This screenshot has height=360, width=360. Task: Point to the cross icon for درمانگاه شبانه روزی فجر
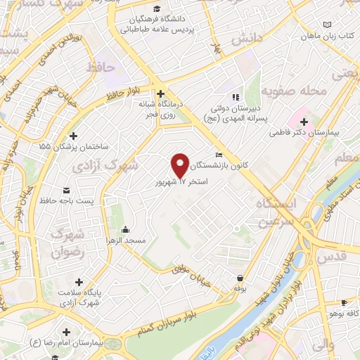(x=161, y=94)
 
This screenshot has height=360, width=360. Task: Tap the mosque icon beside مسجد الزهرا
(x=125, y=229)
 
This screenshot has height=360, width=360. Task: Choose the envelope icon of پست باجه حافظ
(x=67, y=191)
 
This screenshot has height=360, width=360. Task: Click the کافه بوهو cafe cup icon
(x=344, y=303)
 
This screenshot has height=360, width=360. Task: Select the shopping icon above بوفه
(x=241, y=278)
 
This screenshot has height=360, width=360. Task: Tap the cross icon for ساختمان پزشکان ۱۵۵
(x=74, y=136)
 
